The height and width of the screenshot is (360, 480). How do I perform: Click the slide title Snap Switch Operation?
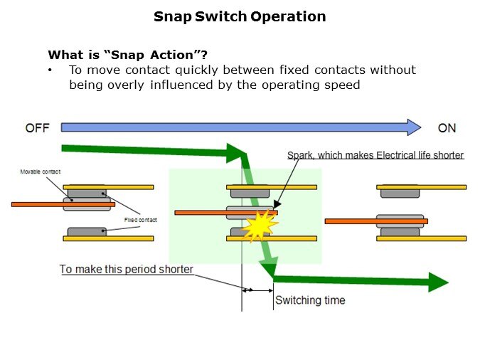click(240, 16)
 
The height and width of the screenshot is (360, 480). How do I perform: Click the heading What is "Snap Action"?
click(127, 54)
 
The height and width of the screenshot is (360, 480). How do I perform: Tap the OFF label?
click(37, 128)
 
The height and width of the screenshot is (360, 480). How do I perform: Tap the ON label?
click(447, 128)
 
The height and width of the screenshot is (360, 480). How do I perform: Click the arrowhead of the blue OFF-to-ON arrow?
click(412, 127)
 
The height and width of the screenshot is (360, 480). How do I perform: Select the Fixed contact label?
click(140, 220)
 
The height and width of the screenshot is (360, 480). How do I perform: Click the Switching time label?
click(310, 300)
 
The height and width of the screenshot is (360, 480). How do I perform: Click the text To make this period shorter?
click(126, 269)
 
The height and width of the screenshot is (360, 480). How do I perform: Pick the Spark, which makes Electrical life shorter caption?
click(375, 155)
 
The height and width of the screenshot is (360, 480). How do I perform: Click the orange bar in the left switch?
click(63, 204)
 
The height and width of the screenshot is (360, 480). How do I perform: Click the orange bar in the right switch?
click(375, 221)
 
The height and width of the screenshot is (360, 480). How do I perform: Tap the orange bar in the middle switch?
click(213, 212)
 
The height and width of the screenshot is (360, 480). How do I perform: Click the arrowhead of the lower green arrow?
click(438, 282)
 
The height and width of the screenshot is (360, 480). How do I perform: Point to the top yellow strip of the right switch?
click(421, 187)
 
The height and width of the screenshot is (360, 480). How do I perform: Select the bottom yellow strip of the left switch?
click(108, 238)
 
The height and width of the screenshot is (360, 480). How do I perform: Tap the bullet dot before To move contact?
click(50, 70)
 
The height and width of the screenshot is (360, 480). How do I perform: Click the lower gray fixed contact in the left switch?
click(87, 231)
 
